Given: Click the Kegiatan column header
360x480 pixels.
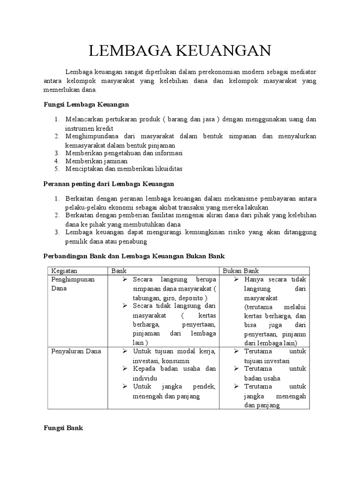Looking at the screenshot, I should [64, 271].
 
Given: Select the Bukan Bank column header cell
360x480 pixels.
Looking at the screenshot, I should [241, 271].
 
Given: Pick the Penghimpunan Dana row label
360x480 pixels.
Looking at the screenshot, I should [73, 284].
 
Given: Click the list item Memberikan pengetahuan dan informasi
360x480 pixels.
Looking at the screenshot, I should [124, 153].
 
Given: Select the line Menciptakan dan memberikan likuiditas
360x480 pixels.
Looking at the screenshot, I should [124, 168].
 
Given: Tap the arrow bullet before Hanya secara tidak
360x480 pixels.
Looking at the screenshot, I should [237, 280].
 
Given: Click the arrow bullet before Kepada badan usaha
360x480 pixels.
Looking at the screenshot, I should [125, 369].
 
